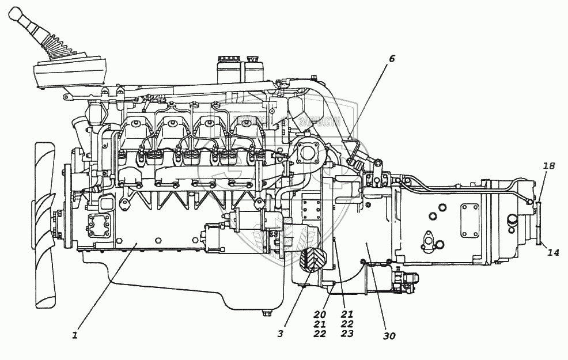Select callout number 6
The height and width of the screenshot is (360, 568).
[x=392, y=58]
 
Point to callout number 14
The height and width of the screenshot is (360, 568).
[x=553, y=252]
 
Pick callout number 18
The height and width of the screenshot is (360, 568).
[x=549, y=166]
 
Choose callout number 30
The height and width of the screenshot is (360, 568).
[x=389, y=336]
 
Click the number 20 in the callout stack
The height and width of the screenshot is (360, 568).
[x=320, y=315]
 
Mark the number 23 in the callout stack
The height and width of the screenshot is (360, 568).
[x=347, y=333]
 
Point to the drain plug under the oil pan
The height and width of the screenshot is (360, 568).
[x=266, y=313]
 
